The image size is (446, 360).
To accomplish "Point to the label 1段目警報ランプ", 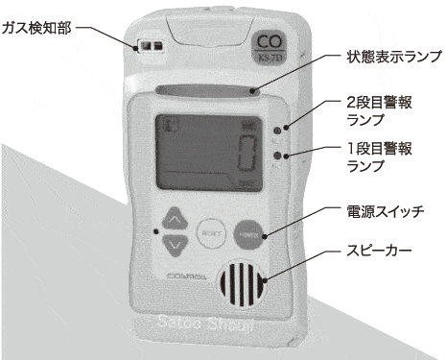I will [x=381, y=157].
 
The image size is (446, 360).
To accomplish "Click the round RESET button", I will [x=211, y=232].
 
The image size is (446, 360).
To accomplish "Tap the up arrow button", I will [x=173, y=219].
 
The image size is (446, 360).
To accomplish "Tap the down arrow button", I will [x=173, y=246].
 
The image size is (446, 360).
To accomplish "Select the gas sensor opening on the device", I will [x=147, y=44].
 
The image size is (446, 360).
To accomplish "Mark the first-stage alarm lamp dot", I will [x=275, y=155].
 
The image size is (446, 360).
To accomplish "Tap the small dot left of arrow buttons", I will [x=154, y=232].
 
